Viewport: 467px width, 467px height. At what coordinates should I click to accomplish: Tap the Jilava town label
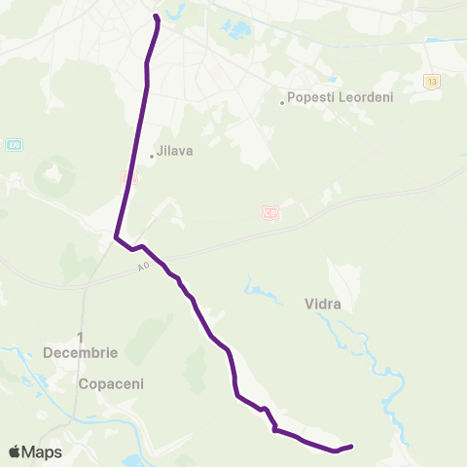(176, 152)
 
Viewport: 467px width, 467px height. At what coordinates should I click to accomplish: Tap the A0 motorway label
(145, 266)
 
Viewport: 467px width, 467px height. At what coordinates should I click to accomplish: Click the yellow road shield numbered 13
(431, 81)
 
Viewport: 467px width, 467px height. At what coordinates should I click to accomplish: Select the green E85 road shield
(14, 144)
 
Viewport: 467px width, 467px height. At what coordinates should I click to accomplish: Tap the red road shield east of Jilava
(270, 212)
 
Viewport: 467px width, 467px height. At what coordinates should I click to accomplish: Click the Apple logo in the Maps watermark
(16, 451)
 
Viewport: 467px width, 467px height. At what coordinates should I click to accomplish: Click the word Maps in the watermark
(44, 451)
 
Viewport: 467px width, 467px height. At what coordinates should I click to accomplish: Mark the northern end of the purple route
(156, 16)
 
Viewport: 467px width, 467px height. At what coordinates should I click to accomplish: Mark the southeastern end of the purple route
(350, 447)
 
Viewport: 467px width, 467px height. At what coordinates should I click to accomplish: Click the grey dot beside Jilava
(152, 156)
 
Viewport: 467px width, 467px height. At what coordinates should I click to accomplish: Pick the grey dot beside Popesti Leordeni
(282, 102)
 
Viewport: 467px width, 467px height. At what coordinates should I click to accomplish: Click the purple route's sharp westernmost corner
(116, 236)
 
